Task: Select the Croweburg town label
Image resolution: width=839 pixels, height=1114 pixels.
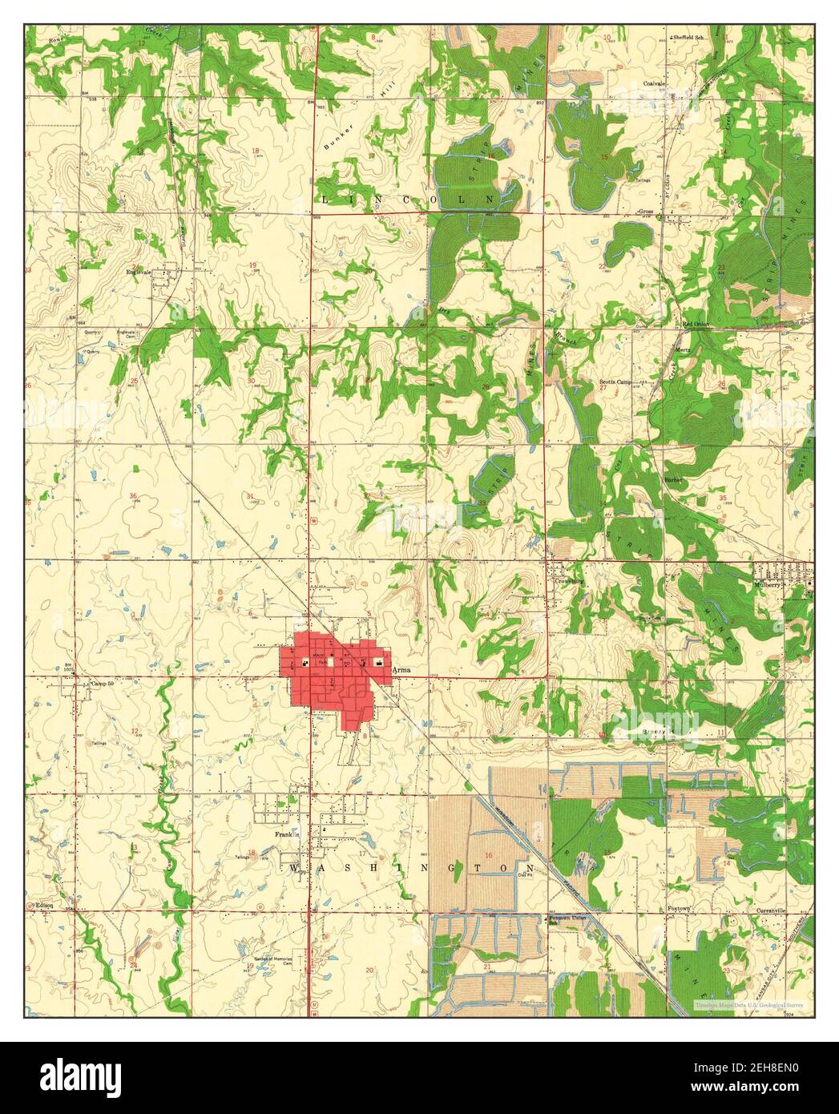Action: [x=568, y=582]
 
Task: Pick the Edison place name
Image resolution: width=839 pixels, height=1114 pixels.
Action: [x=44, y=906]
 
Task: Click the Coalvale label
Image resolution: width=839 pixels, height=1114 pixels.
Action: [x=656, y=83]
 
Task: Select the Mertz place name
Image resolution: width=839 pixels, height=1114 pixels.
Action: [x=684, y=350]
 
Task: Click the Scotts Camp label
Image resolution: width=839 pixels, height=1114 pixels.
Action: [x=616, y=381]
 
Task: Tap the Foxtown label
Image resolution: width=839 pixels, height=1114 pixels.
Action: [x=679, y=909]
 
